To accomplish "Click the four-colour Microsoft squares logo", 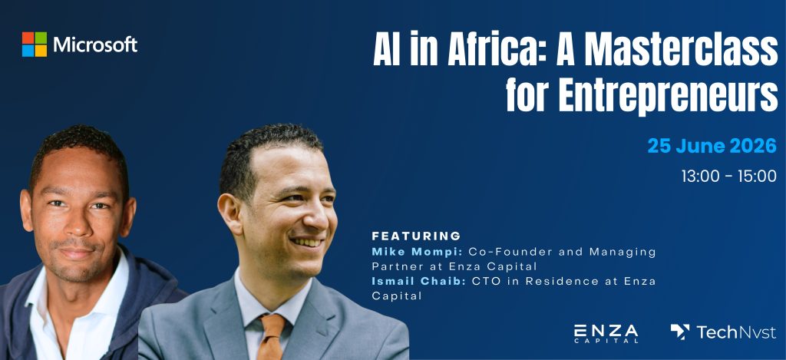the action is coord(35,44).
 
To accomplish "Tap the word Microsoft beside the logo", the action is coord(95,45).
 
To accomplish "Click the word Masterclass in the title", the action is coord(670,51).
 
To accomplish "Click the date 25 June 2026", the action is coord(712,146).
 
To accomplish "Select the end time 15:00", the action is coord(757,176).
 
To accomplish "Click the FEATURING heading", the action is coord(416,236).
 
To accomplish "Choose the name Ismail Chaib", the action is coord(419,281).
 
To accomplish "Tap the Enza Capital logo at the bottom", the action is coord(606,333).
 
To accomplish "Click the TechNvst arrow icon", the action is coord(680,331).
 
